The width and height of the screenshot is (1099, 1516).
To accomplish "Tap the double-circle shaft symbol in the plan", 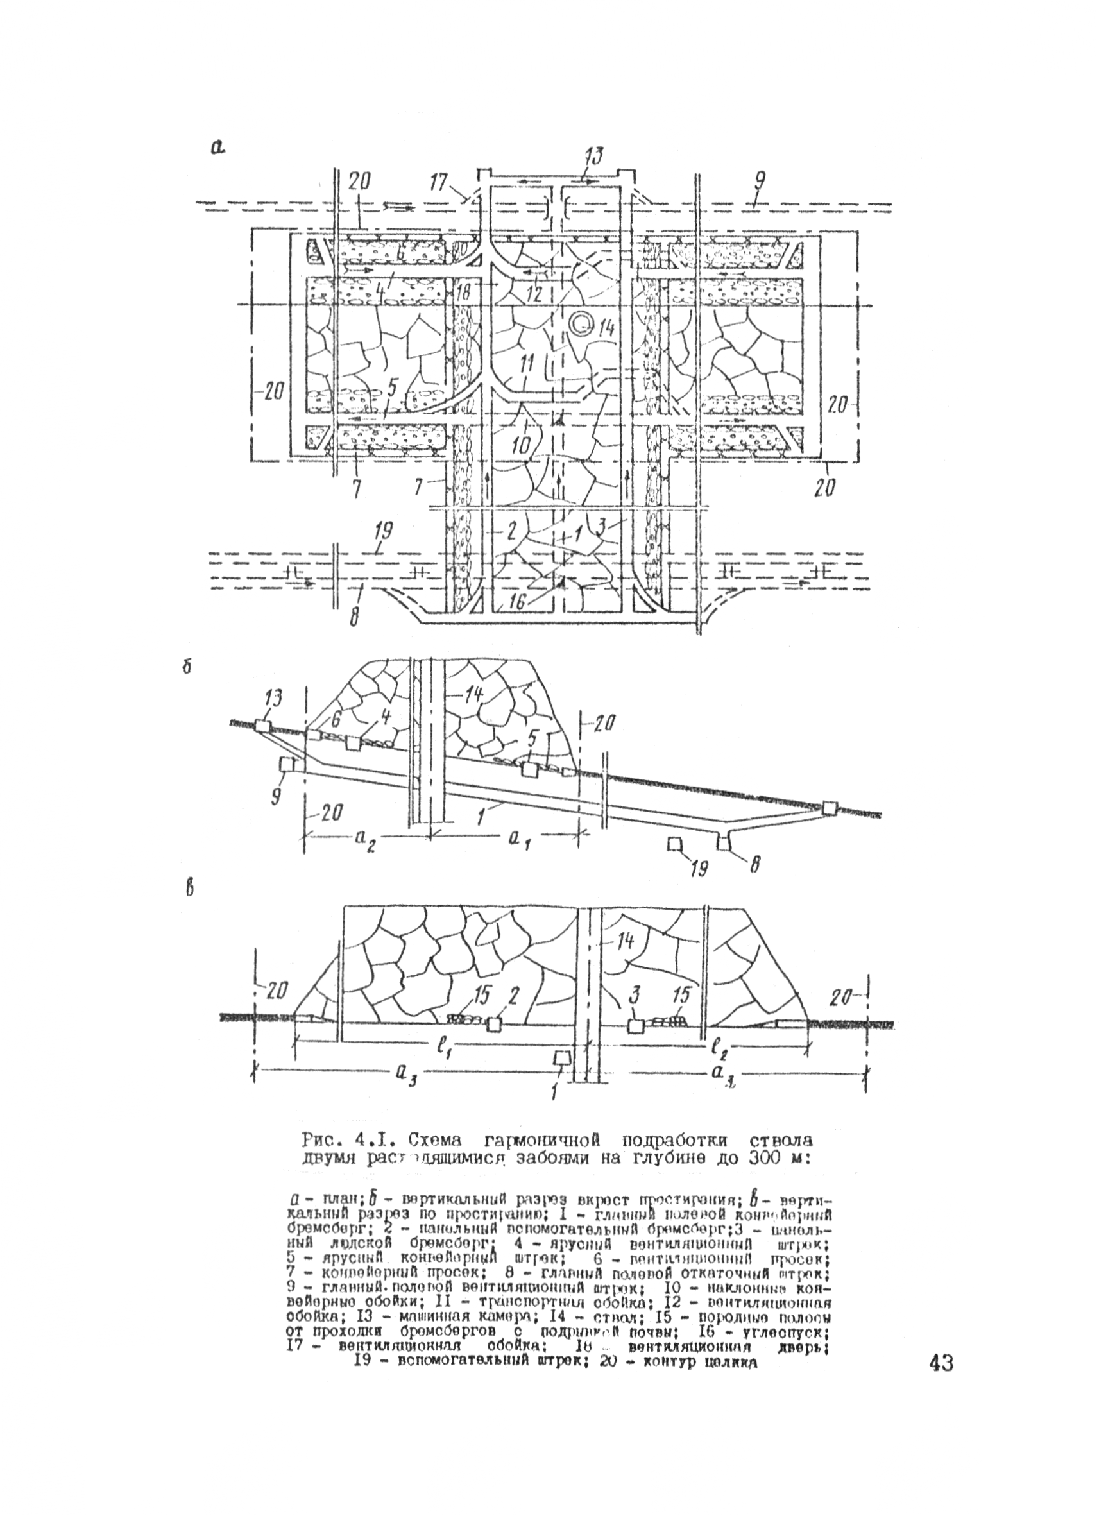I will coord(583,324).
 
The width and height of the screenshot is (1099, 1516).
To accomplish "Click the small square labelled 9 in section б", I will coord(287,764).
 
